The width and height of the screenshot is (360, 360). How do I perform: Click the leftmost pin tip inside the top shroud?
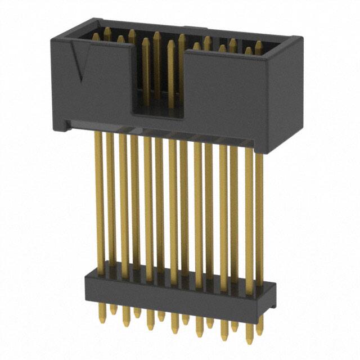[x=95, y=36]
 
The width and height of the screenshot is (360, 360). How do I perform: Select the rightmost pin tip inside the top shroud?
[x=258, y=45]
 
